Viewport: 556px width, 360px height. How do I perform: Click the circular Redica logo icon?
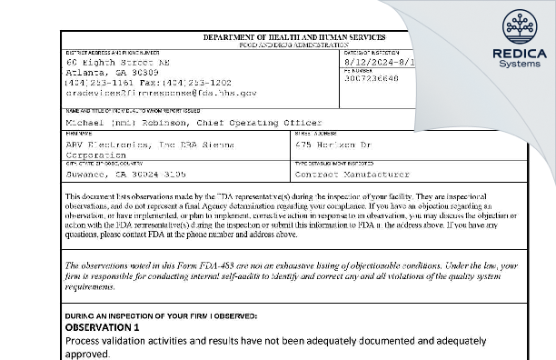point(520,25)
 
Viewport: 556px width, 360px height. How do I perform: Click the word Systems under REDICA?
point(520,64)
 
